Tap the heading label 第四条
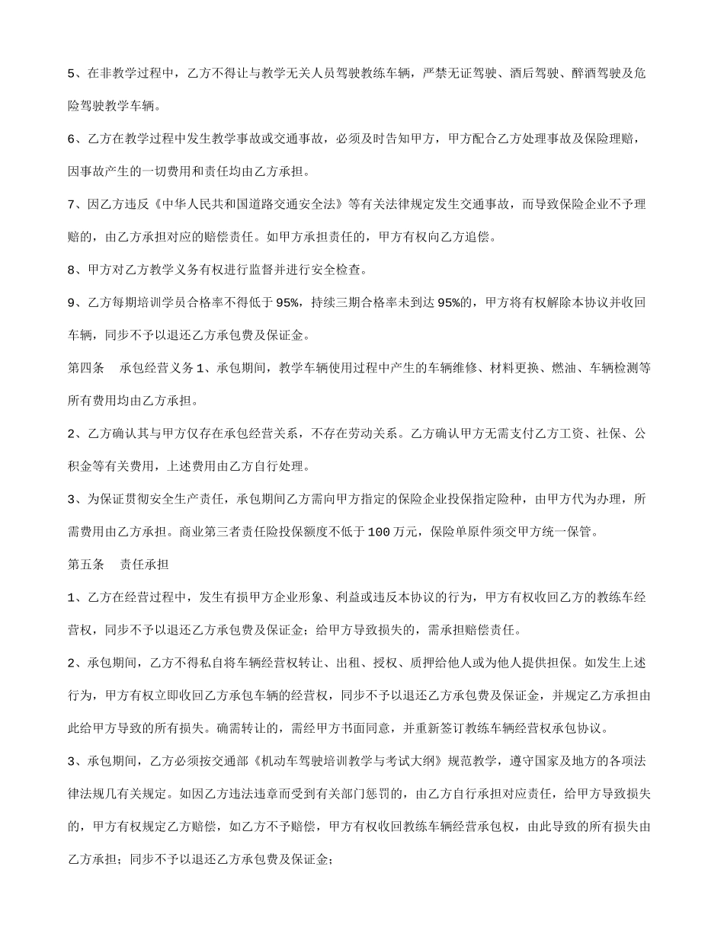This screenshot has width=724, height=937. [86, 368]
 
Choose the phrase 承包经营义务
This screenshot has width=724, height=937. [157, 368]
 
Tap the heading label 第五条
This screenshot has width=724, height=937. [86, 564]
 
